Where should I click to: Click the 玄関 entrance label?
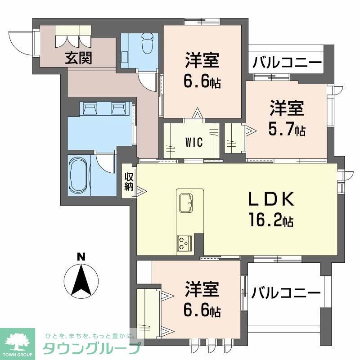tap(78, 58)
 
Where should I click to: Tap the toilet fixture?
tap(147, 43)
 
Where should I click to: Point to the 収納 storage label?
tap(130, 180)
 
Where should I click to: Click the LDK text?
tap(271, 199)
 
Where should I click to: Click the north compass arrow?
tap(81, 279)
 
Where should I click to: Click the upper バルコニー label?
tap(287, 62)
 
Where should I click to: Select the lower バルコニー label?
tap(286, 293)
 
